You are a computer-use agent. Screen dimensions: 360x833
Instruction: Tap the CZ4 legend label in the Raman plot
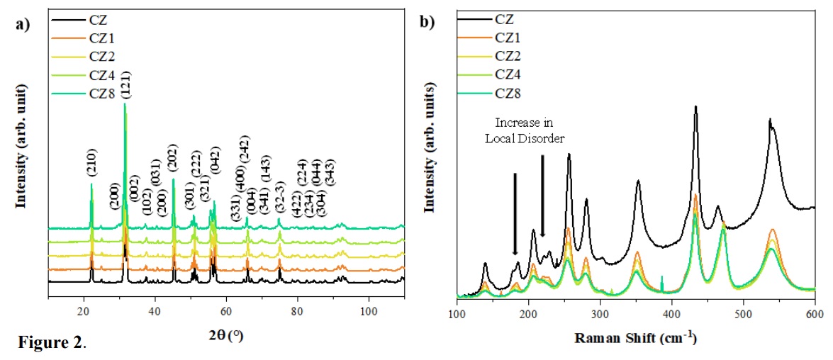coord(514,74)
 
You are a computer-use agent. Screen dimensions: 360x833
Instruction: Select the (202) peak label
coord(173,160)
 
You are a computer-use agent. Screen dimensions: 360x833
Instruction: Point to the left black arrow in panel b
coord(515,213)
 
